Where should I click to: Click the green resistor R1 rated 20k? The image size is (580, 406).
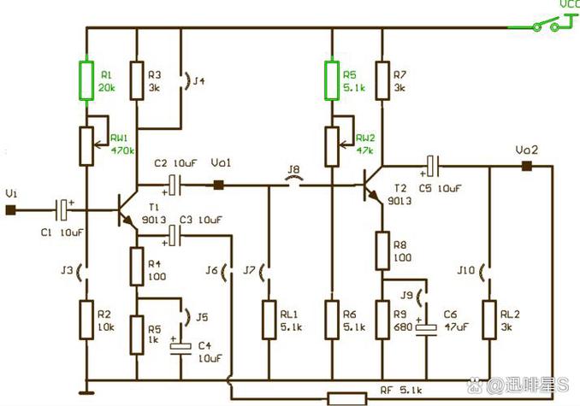pos(86,81)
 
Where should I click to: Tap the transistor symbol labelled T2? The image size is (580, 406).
pos(372,185)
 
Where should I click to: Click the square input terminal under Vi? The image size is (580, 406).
pos(11,210)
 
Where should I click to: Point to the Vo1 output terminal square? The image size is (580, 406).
pos(219,185)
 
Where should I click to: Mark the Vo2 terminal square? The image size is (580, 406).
pos(527,166)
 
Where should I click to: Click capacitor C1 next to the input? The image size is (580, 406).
pos(63,210)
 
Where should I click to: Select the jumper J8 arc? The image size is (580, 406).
pos(293,179)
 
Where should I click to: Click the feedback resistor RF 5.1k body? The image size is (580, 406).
pos(347,399)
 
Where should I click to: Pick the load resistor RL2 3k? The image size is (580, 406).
pos(489,320)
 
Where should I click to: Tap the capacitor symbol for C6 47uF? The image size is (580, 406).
pos(426,330)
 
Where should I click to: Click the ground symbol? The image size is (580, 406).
pos(86,392)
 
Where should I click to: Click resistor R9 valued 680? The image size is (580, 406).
pos(382,320)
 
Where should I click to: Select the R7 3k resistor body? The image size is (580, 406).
pos(382,81)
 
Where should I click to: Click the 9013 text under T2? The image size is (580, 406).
pos(399,201)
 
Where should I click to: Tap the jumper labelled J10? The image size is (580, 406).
pos(485,273)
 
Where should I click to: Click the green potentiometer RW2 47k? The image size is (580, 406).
pos(332,147)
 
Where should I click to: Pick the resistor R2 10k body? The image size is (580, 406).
pos(86,320)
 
